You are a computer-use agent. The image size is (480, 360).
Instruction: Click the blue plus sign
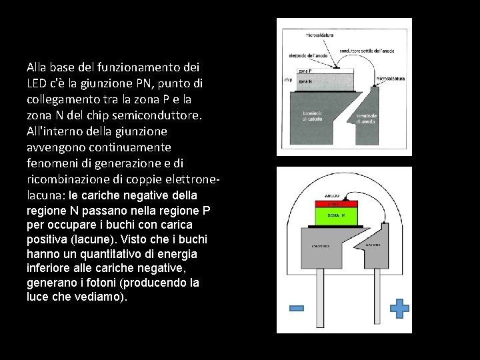click(399, 308)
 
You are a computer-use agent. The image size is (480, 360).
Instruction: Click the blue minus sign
click(297, 308)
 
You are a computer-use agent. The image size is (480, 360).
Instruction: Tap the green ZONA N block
click(337, 217)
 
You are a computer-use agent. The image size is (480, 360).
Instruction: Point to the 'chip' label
click(289, 80)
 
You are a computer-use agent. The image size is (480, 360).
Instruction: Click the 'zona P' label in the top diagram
click(305, 71)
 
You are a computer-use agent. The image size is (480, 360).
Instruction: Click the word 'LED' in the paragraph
click(39, 84)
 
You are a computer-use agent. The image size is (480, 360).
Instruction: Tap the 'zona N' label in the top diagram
click(304, 81)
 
